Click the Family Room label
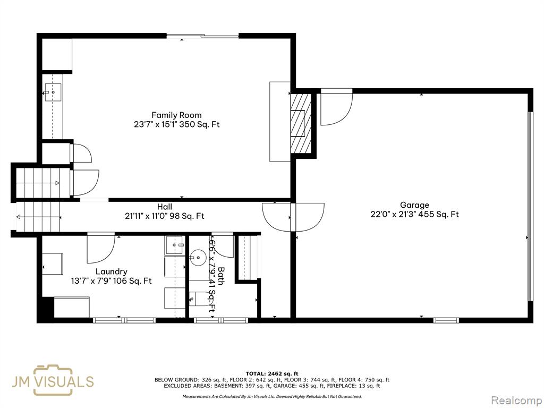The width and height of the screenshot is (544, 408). (x=176, y=115)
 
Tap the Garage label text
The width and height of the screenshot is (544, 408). (x=414, y=205)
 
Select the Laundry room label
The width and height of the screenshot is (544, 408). (x=112, y=271)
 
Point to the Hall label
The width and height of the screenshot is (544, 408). (x=165, y=207)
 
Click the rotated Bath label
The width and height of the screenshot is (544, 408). (x=221, y=276)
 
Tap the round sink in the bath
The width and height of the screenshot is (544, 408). (x=198, y=258)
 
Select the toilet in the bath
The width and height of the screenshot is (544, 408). (x=201, y=299)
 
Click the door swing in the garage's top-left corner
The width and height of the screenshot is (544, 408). (x=336, y=107)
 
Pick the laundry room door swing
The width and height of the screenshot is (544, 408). (x=100, y=248)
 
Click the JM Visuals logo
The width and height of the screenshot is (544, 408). (x=53, y=380)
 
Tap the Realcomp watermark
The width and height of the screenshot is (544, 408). (x=516, y=401)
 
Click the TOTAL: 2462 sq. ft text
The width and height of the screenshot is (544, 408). (x=272, y=373)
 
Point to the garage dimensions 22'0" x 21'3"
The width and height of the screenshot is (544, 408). (x=393, y=215)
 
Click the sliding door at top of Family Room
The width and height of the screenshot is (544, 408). (x=202, y=35)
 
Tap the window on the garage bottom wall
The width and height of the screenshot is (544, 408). (x=446, y=320)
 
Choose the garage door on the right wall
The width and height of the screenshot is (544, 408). (x=530, y=207)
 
